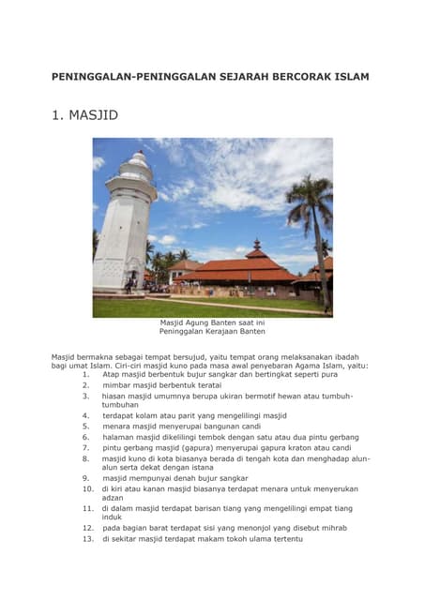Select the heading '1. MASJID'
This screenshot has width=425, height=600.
[x=84, y=116]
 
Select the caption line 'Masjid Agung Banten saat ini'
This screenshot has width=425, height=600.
[x=212, y=323]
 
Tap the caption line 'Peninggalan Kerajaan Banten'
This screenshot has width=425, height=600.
[x=212, y=332]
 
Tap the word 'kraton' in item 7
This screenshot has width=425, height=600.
[x=308, y=448]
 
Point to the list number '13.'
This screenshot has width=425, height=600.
[x=88, y=539]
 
